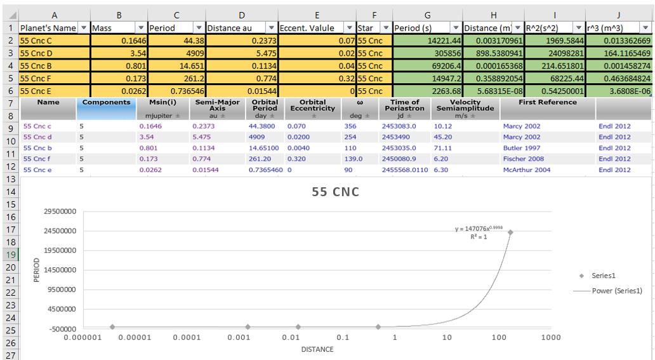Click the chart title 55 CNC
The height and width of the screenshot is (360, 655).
pyautogui.click(x=336, y=192)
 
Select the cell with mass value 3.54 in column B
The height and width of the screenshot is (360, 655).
pyautogui.click(x=119, y=53)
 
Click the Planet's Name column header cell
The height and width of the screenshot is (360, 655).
pyautogui.click(x=55, y=28)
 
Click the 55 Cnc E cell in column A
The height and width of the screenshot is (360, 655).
pyautogui.click(x=55, y=90)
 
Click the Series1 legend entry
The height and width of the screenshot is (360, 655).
pyautogui.click(x=603, y=276)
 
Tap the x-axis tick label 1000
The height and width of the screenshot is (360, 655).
pyautogui.click(x=551, y=337)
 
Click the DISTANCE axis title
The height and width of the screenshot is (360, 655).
pyautogui.click(x=317, y=349)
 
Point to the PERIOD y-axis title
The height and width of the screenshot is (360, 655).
pyautogui.click(x=36, y=270)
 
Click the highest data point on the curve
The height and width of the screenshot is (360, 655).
pyautogui.click(x=510, y=232)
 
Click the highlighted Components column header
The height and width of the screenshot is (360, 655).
pyautogui.click(x=106, y=102)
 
